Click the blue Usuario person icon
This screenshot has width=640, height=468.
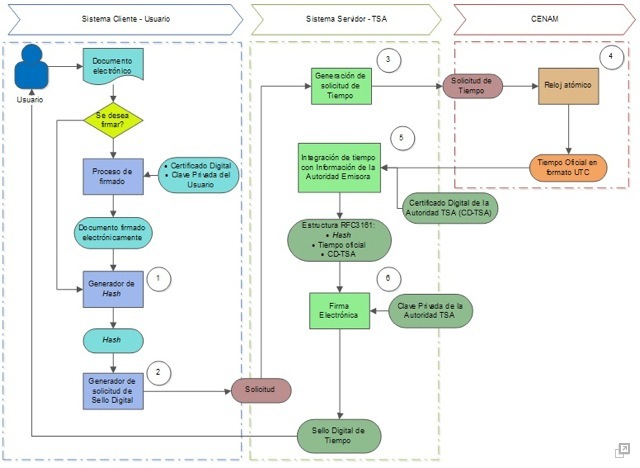point(31,67)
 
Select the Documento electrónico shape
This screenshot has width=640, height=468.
point(113,64)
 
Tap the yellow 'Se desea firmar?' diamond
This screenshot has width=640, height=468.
point(113,120)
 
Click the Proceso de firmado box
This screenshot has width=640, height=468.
point(113,176)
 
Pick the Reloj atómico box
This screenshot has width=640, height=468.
point(568,86)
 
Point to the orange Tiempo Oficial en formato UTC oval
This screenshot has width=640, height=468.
point(568,168)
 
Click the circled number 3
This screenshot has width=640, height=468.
point(388,60)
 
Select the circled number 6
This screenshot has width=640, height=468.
point(388,279)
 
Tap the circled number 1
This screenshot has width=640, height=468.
point(158,279)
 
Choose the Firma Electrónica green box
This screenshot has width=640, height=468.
point(340,311)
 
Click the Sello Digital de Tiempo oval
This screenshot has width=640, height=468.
point(339,436)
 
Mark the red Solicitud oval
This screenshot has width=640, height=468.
point(261,390)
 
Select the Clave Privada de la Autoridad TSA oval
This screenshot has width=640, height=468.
point(430,311)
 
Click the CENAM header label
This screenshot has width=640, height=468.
point(544,19)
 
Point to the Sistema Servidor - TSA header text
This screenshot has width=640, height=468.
point(346,19)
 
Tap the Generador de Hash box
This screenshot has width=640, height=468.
point(113,289)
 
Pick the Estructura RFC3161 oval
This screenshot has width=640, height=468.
point(339,240)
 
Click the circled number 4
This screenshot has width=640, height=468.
point(611,56)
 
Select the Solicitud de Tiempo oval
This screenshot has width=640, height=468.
point(473,86)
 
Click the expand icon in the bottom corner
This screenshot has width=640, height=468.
point(622,450)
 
